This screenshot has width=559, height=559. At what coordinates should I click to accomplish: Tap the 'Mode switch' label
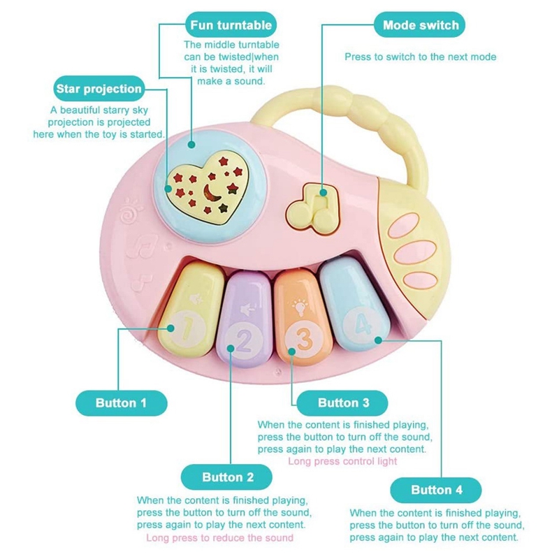(x=421, y=26)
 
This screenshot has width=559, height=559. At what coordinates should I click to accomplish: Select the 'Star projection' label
(x=99, y=89)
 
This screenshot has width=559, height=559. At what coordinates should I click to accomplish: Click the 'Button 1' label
(x=121, y=403)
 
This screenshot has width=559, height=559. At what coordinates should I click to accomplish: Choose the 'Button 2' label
(x=227, y=478)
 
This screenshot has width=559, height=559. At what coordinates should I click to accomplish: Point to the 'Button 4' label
(x=437, y=490)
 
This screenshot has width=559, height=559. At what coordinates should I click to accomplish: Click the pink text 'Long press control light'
(x=342, y=461)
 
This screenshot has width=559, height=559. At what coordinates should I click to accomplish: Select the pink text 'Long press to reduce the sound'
(x=220, y=537)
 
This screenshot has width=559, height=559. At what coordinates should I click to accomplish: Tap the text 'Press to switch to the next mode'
(x=421, y=57)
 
